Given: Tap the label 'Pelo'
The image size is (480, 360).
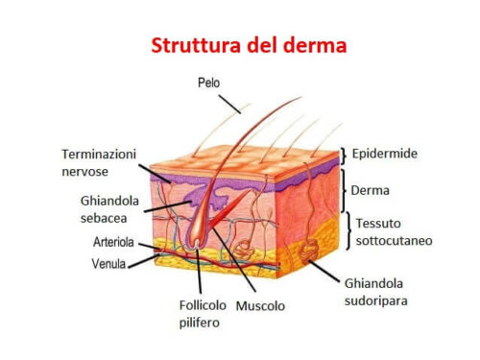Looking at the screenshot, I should pos(207,84).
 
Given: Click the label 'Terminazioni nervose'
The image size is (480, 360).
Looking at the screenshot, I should pos(100,161).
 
